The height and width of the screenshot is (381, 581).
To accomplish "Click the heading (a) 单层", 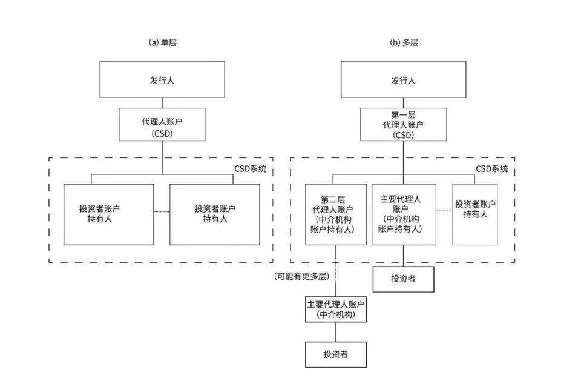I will (x=162, y=43).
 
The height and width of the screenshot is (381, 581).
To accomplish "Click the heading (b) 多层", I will (x=404, y=43).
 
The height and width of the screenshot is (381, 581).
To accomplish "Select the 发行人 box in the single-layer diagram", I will (x=162, y=80).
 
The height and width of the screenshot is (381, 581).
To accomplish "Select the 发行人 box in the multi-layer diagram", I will (x=404, y=80).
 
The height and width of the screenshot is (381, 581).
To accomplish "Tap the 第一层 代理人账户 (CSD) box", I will (x=404, y=124).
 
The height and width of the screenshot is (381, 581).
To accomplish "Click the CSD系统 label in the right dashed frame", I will (x=491, y=168).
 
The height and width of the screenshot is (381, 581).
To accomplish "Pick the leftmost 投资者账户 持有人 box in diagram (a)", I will (x=108, y=214).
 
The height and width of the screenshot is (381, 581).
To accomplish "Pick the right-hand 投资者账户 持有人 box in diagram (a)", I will (x=215, y=214).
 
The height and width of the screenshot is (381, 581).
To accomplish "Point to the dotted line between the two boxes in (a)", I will (x=162, y=211).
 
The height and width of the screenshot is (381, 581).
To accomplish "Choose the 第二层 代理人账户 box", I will (x=336, y=214).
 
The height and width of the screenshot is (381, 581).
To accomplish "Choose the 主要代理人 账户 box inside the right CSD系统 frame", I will (x=404, y=214).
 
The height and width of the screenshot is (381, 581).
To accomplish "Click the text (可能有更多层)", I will (x=301, y=276).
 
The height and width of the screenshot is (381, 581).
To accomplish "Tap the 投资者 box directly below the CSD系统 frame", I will (x=404, y=279).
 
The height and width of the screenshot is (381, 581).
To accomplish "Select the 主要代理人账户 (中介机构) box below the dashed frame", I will (x=336, y=309).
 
